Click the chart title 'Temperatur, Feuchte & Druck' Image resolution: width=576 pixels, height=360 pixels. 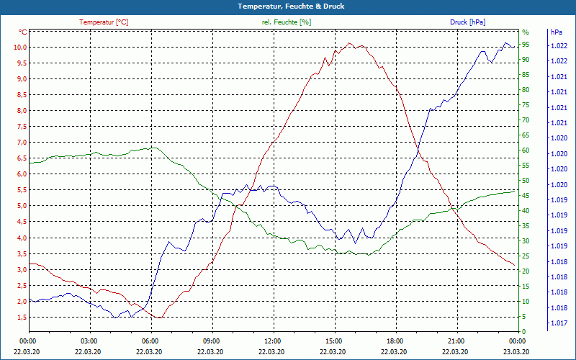tap(288, 6)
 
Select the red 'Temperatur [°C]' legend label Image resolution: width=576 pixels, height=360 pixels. tap(104, 22)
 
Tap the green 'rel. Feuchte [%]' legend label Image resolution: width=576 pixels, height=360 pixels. tap(287, 22)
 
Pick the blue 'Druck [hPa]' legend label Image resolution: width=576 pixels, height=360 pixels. tap(467, 22)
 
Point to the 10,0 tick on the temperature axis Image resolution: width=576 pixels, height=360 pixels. tap(19, 48)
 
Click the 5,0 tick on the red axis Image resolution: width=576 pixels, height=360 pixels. tap(20, 206)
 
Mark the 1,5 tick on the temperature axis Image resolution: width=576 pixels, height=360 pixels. tap(20, 317)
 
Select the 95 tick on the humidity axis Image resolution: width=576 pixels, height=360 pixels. tap(526, 45)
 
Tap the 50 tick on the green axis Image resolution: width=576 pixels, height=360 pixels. tap(526, 181)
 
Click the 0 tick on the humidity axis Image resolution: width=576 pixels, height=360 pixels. tap(523, 332)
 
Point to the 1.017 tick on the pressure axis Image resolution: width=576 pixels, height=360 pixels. tap(558, 323)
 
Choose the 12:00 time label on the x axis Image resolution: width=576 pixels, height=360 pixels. tap(273, 341)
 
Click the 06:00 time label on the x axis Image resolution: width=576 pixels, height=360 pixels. tap(150, 341)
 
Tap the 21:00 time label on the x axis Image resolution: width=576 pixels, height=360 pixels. tap(456, 341)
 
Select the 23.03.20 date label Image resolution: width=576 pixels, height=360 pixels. tap(517, 351)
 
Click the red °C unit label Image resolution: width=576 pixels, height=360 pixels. tap(23, 32)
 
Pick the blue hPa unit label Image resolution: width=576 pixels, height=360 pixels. tap(556, 32)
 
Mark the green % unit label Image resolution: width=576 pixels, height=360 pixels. tap(525, 32)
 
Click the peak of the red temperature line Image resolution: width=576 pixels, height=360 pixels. tap(350, 43)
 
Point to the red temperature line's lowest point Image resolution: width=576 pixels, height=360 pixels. tap(161, 318)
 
